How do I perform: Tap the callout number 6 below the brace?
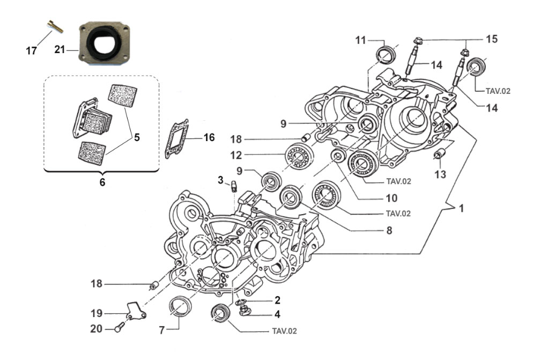coord(102,182)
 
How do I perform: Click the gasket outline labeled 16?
coord(176,139)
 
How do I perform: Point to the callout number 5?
coord(137,137)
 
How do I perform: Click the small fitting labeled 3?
coord(234,186)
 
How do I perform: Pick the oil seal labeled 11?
coord(386,54)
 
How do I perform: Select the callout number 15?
coord(492,39)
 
